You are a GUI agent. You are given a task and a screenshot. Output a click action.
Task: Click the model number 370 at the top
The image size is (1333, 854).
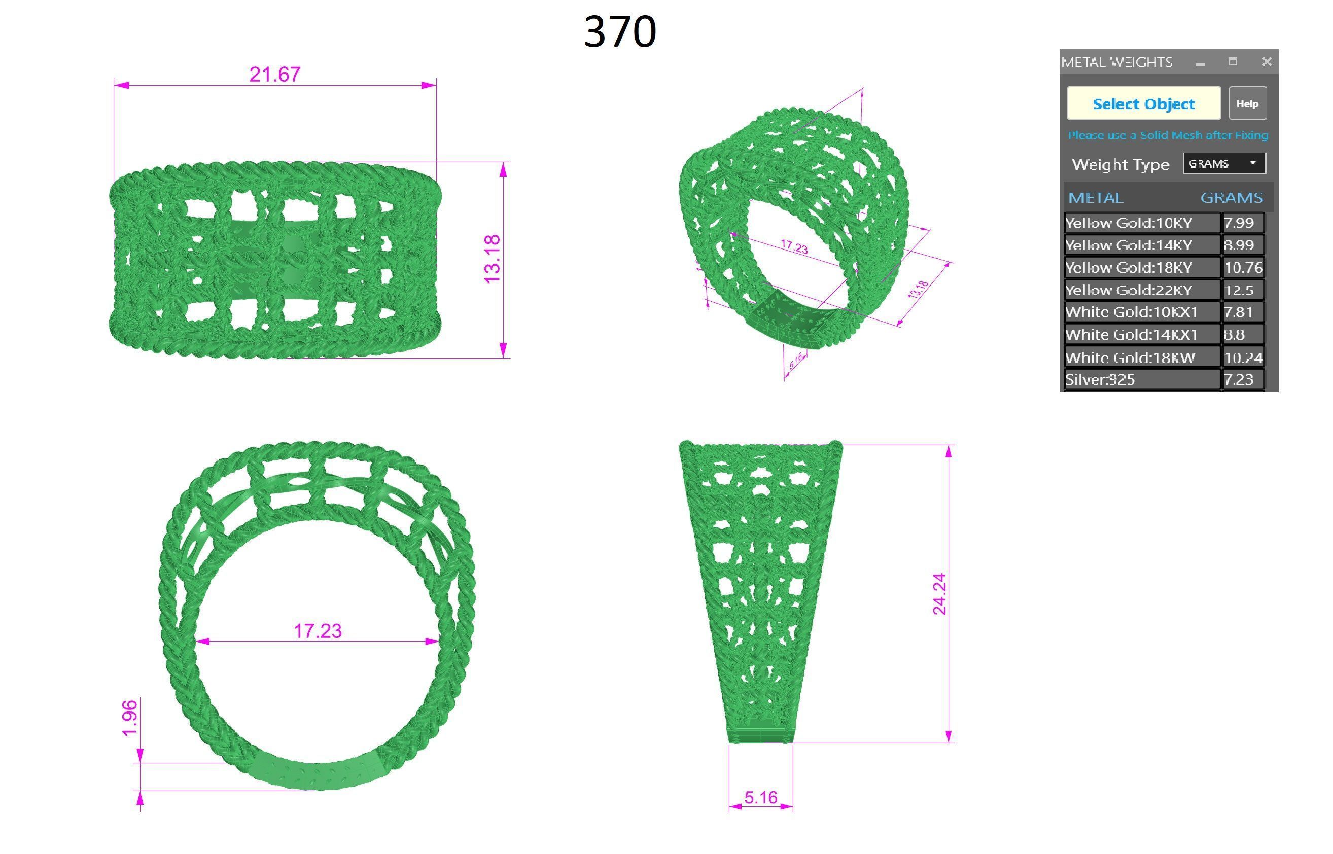point(620,31)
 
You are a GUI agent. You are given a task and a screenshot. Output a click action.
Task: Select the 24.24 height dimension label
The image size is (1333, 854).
point(939,594)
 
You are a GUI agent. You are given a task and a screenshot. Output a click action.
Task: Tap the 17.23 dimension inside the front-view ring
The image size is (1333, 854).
point(317,630)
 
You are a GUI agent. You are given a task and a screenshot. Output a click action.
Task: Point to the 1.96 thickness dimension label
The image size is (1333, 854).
point(130,718)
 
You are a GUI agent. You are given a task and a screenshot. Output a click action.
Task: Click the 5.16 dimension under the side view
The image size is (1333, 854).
point(760,797)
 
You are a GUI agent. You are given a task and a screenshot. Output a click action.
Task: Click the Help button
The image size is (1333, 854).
point(1247,103)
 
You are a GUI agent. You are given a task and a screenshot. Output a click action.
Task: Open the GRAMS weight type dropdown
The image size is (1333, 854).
point(1224,164)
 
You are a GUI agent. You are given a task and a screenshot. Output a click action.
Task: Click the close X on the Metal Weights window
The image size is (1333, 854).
point(1267,61)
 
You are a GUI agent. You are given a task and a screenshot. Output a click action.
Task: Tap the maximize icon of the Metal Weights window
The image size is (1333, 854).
point(1232,61)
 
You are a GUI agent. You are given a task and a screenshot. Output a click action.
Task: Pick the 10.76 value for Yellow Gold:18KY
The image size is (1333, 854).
point(1243,268)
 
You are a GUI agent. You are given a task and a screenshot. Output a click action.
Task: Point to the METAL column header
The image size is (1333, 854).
point(1096,198)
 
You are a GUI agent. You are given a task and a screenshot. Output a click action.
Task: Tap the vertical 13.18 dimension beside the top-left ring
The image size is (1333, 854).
point(493,259)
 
